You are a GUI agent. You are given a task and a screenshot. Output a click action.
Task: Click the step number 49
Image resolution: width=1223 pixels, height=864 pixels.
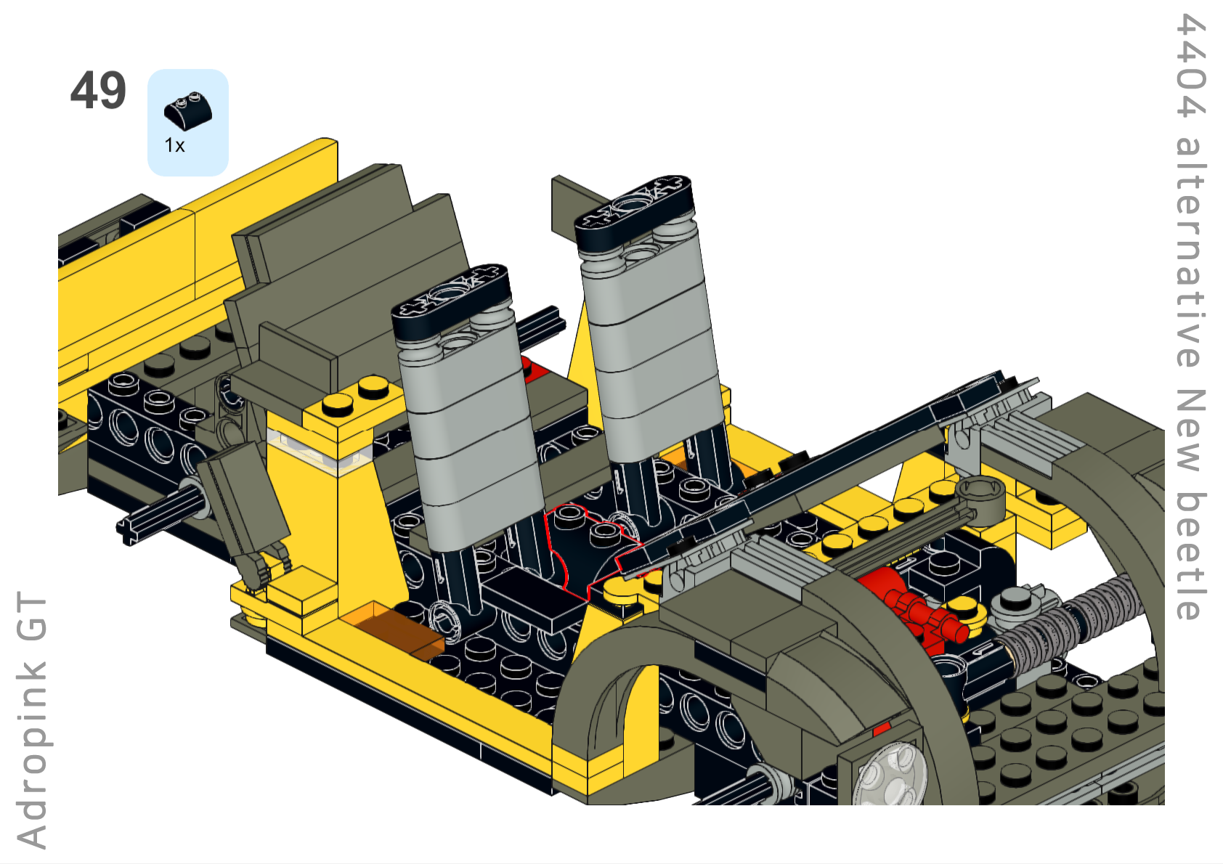click(98, 90)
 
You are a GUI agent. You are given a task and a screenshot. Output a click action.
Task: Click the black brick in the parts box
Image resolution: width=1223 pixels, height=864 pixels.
click(188, 111)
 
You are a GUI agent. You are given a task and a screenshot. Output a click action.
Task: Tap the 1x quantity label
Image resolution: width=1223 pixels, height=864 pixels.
click(175, 146)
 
